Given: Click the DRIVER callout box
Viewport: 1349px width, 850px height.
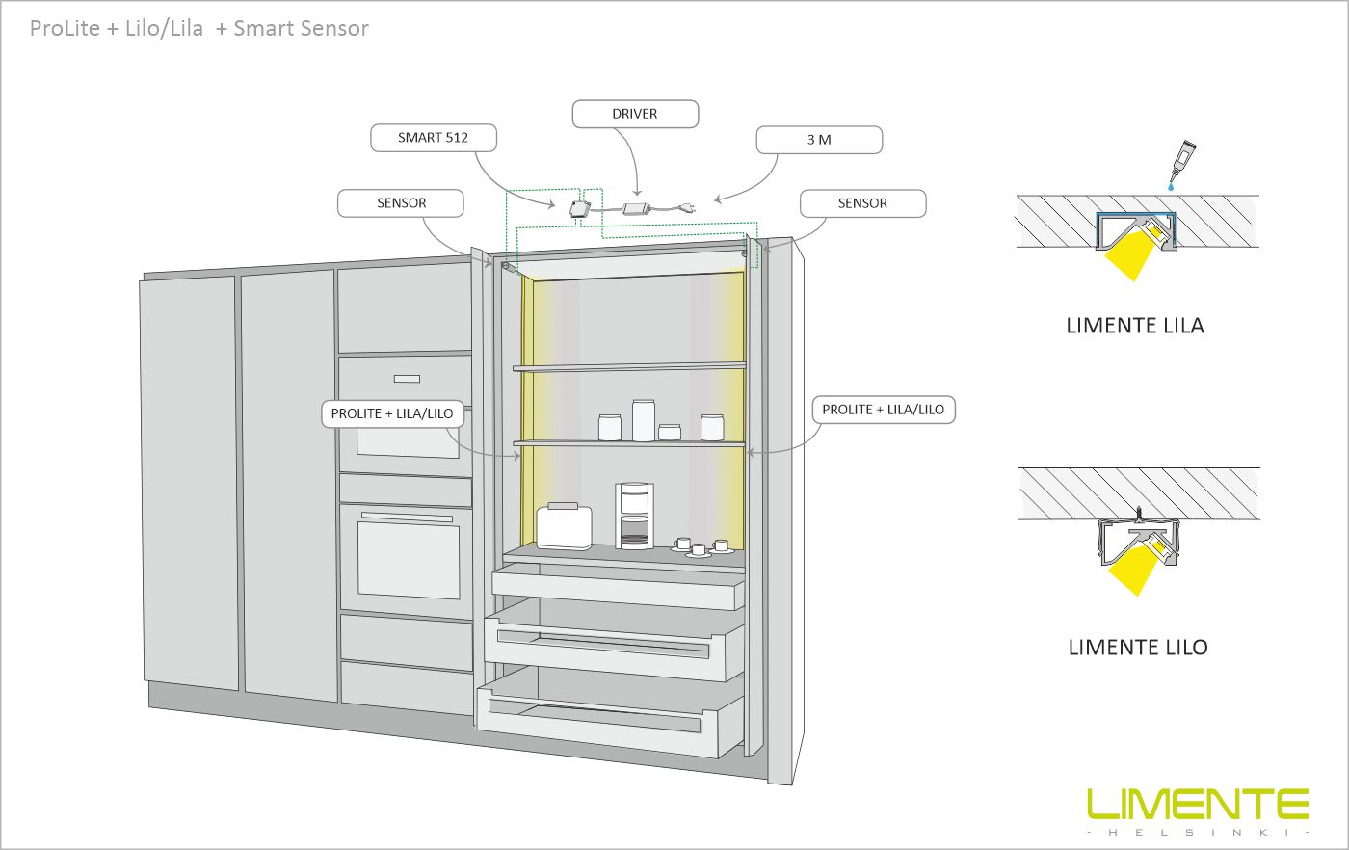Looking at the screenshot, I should [x=635, y=114].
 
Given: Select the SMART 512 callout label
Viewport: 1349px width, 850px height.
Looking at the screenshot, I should [x=434, y=138].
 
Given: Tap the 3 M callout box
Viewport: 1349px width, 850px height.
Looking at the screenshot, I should [x=819, y=140].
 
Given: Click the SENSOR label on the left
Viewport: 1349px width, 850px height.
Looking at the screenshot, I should [x=401, y=203].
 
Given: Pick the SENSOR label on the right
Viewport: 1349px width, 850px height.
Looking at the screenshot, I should [x=862, y=203].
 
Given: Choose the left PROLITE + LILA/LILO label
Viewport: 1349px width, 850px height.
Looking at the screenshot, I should [x=392, y=413].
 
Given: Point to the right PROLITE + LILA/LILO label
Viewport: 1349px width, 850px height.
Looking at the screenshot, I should [x=883, y=410].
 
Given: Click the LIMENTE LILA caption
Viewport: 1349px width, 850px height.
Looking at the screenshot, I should [x=1135, y=326].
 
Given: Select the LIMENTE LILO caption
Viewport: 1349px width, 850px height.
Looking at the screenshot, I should [x=1138, y=647].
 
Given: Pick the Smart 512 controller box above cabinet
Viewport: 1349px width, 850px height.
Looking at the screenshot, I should [x=580, y=208].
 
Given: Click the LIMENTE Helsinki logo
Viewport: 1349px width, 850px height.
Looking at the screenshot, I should [x=1198, y=810].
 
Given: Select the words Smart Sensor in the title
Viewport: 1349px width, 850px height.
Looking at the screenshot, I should [x=301, y=28].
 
